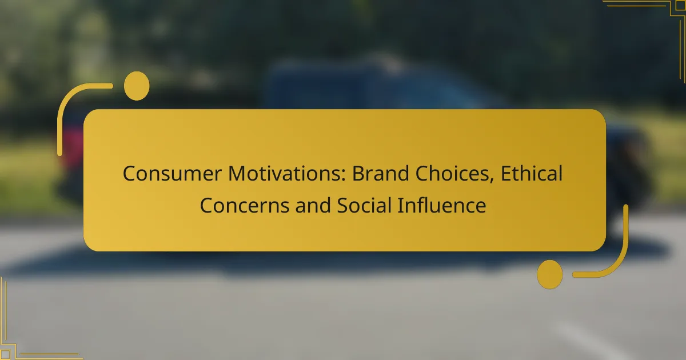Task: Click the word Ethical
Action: coord(532,174)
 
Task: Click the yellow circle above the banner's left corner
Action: coord(137,86)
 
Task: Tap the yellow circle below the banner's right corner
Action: coord(550,274)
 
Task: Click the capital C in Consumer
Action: coord(130,174)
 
